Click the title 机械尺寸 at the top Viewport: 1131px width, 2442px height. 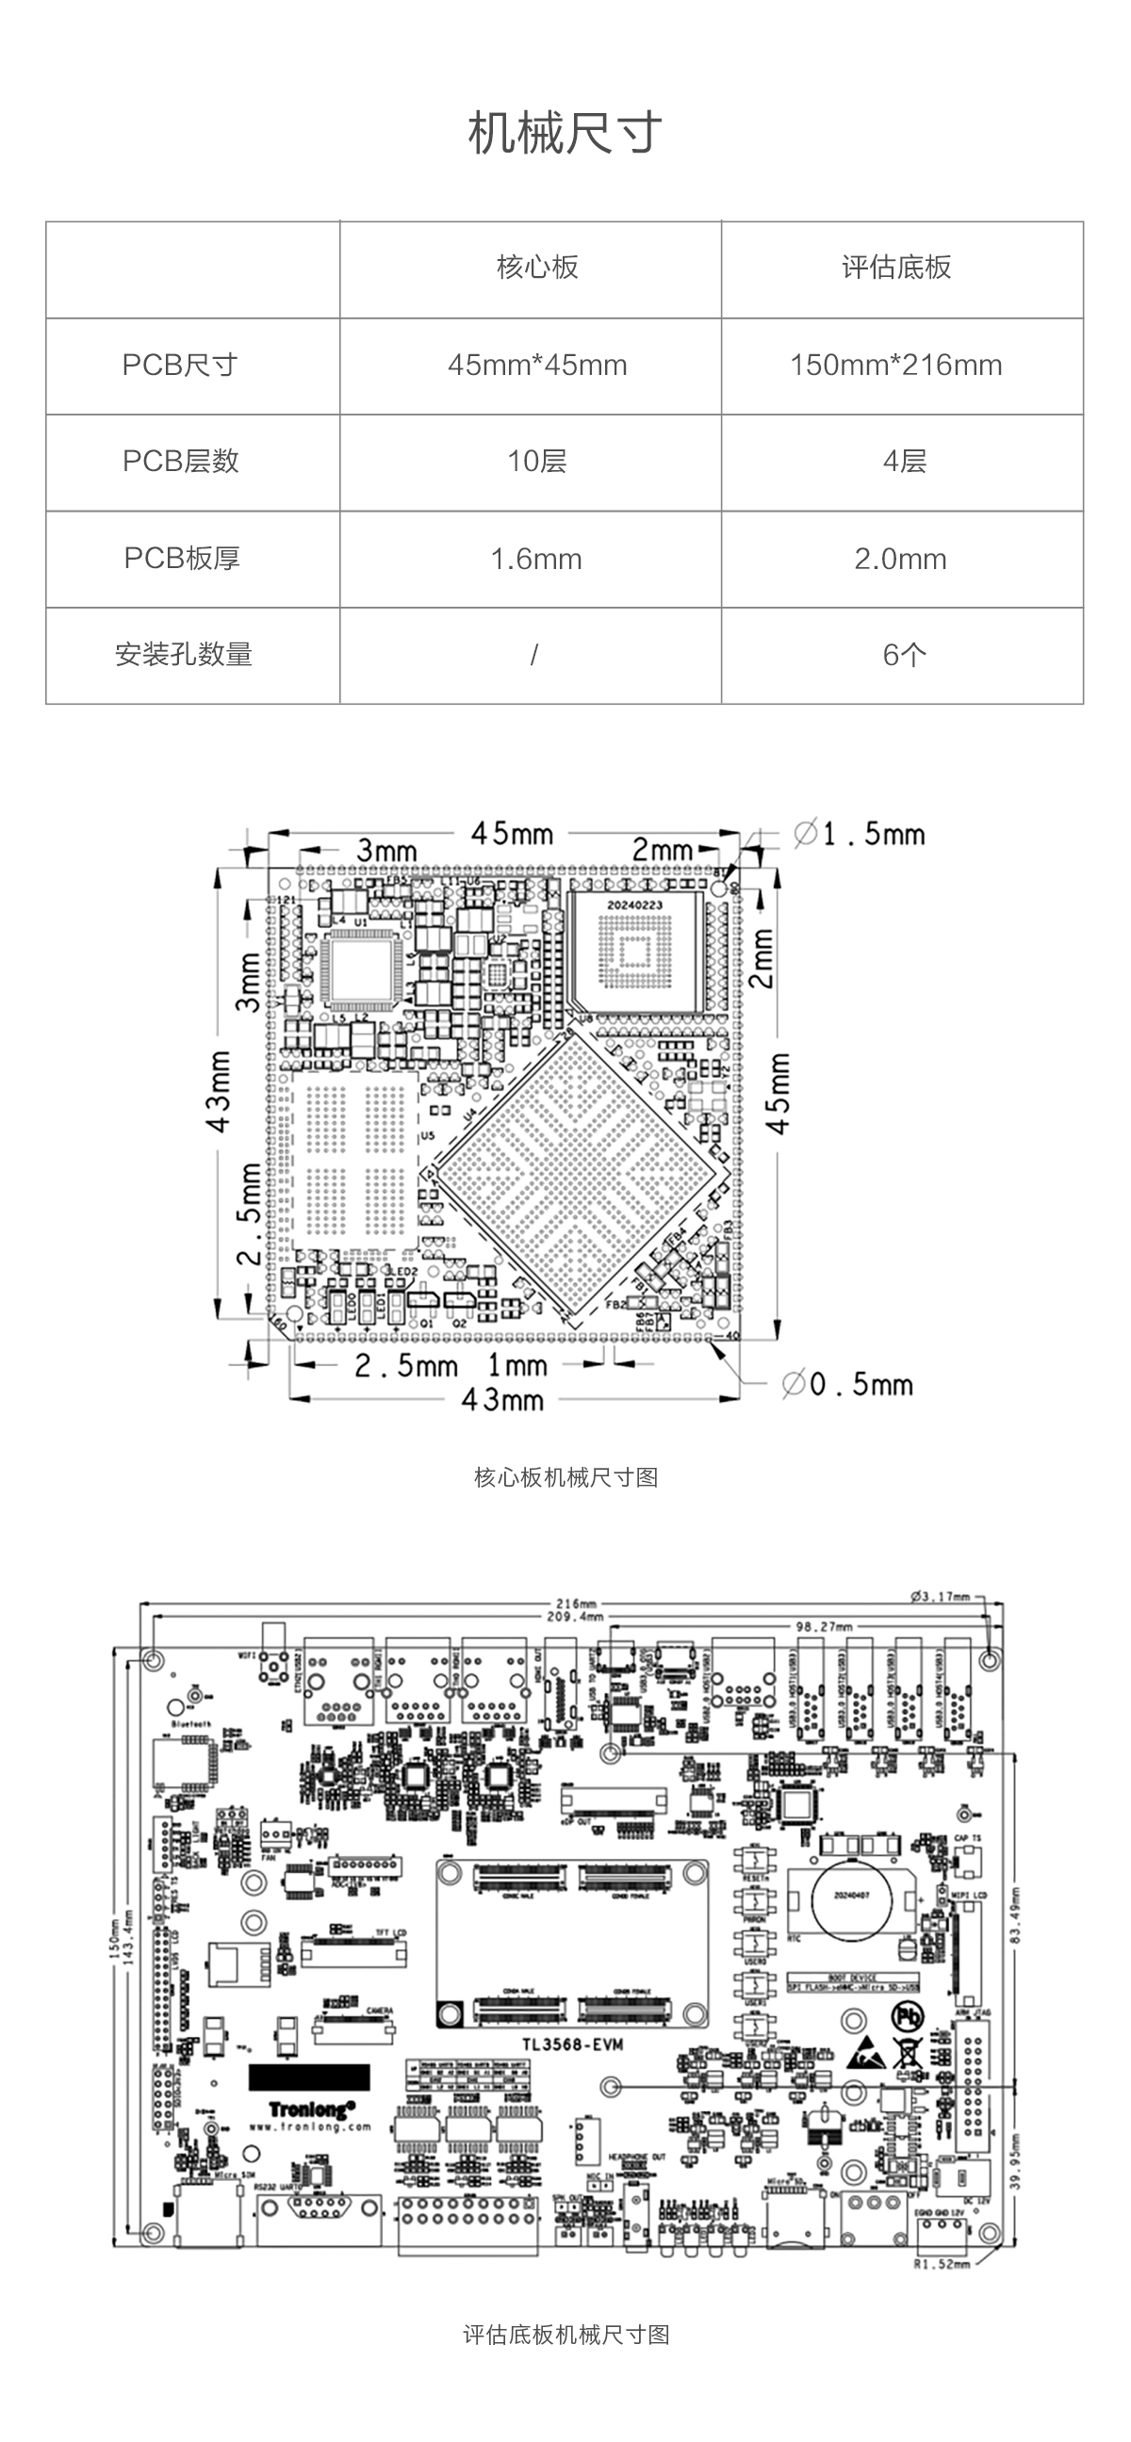pos(565,134)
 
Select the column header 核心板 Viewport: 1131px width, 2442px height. pos(536,269)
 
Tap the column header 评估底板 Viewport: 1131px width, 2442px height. pos(896,269)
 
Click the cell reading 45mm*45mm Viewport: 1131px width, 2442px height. pos(536,365)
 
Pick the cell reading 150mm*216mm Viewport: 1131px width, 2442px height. pos(896,365)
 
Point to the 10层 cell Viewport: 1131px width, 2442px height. pos(536,462)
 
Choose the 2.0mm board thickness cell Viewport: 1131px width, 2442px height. pos(900,559)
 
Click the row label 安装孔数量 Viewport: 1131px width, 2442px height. pos(183,655)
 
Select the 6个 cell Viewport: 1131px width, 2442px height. pos(904,655)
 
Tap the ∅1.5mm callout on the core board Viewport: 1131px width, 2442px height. pos(858,834)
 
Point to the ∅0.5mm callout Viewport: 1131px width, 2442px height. pos(846,1384)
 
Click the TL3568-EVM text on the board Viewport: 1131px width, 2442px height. pos(571,2043)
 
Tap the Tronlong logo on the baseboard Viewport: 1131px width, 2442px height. pos(312,2109)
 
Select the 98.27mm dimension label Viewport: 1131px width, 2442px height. pos(823,1626)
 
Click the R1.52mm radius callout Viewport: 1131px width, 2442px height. pos(941,2265)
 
